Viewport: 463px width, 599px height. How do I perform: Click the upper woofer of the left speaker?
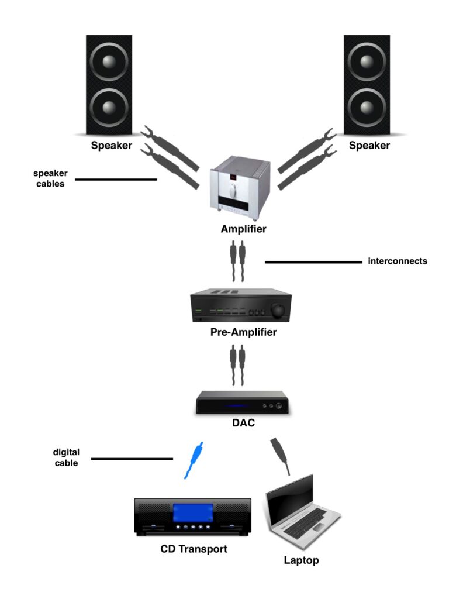[x=108, y=63]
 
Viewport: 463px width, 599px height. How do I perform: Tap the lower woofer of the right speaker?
[x=367, y=108]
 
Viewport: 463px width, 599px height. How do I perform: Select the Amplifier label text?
[x=243, y=229]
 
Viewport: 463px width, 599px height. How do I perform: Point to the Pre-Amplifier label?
[x=243, y=333]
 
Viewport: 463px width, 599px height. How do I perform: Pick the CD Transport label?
[x=194, y=549]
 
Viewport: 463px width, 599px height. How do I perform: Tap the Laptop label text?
[x=302, y=560]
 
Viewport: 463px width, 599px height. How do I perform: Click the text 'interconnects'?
[x=398, y=261]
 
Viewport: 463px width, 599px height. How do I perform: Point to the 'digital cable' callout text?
[x=66, y=457]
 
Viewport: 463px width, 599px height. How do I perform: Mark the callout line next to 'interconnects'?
[x=313, y=263]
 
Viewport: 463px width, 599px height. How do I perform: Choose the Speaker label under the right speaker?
[x=369, y=146]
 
